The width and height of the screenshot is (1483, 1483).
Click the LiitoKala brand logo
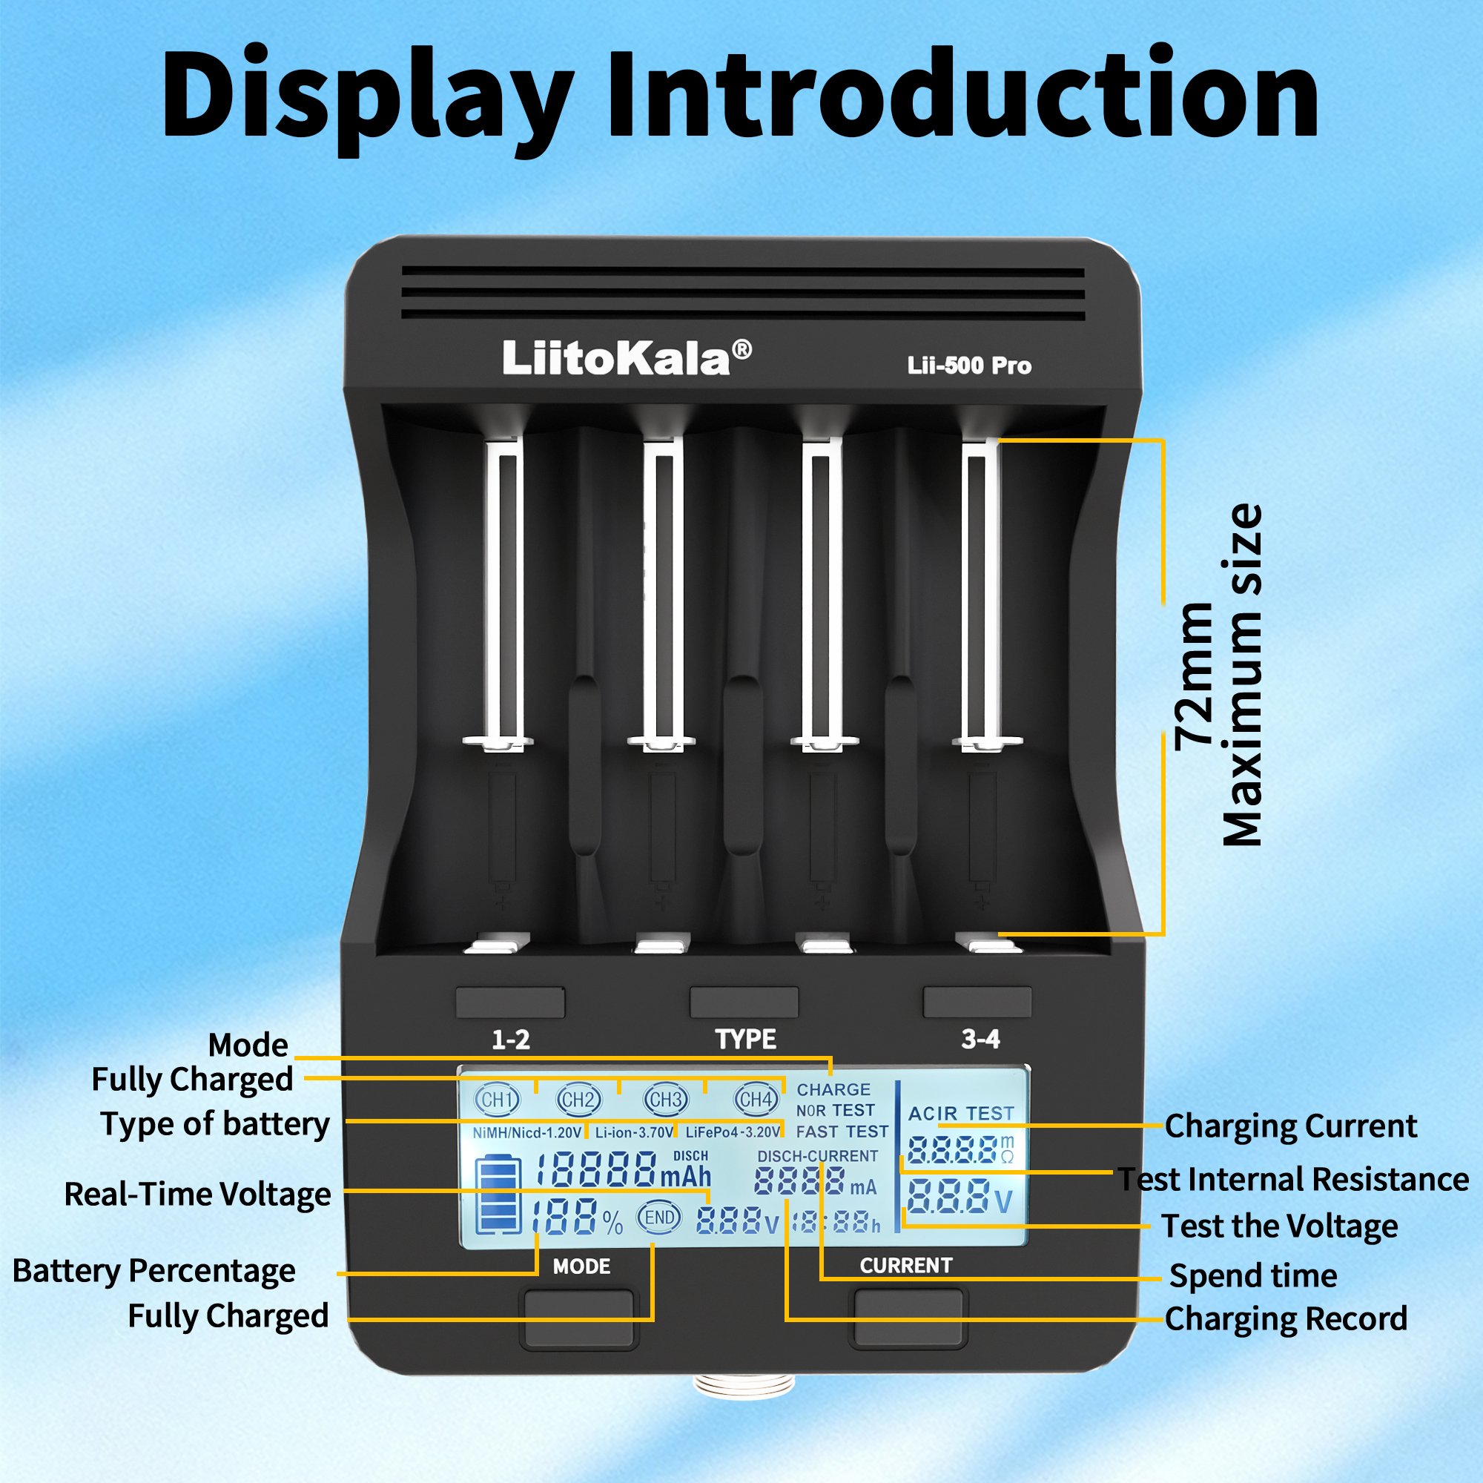[x=627, y=357]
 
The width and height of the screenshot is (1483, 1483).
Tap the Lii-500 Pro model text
[x=968, y=366]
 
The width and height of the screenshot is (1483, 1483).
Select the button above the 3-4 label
[x=977, y=1002]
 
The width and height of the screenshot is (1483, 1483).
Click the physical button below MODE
[x=579, y=1318]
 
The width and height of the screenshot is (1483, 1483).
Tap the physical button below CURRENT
[x=908, y=1317]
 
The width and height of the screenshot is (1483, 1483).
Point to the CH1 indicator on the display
[x=497, y=1099]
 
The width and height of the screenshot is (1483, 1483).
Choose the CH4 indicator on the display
[x=756, y=1099]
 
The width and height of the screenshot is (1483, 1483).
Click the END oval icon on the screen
[x=659, y=1218]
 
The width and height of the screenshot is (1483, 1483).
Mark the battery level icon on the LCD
[x=498, y=1194]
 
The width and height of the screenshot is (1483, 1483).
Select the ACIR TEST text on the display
[x=961, y=1113]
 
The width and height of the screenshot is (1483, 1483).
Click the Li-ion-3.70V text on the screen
[x=634, y=1132]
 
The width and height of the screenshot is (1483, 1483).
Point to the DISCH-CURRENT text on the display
[x=817, y=1156]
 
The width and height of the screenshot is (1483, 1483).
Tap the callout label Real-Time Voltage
[x=197, y=1195]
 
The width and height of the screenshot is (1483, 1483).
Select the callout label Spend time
[x=1252, y=1275]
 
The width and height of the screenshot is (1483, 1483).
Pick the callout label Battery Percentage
[x=153, y=1270]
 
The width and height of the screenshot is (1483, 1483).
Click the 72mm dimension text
[x=1195, y=676]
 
